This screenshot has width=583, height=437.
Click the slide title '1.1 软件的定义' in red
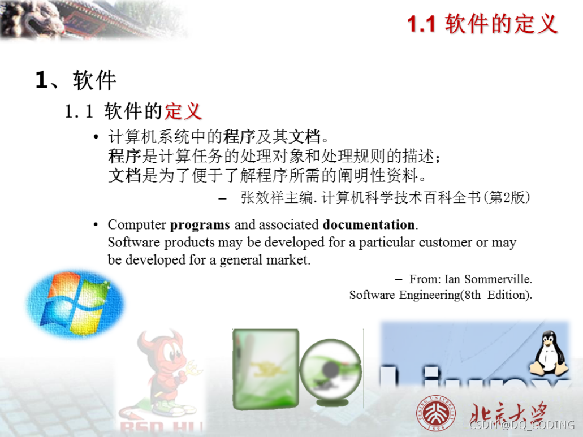[x=482, y=24]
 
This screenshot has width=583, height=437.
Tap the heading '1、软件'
[x=76, y=80]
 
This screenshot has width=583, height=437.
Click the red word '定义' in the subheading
[x=183, y=111]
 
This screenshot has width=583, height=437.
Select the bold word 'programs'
[x=200, y=224]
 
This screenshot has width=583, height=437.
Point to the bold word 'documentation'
[x=369, y=224]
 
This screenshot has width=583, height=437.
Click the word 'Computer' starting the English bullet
[x=137, y=224]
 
